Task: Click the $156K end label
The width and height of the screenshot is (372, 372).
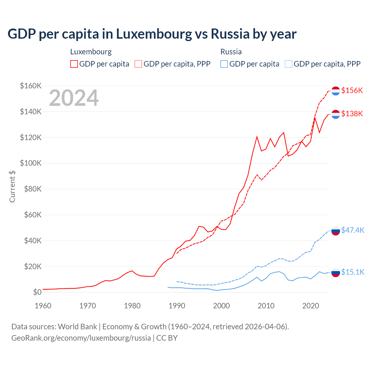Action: click(352, 90)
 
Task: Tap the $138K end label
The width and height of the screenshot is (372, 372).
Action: click(352, 114)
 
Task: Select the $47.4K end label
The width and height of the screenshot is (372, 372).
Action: click(353, 230)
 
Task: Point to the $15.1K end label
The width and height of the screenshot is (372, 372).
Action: click(353, 272)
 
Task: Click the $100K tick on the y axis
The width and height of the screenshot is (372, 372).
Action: click(31, 163)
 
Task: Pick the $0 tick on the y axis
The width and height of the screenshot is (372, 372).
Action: click(37, 292)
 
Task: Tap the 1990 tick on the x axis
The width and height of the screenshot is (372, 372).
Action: click(177, 306)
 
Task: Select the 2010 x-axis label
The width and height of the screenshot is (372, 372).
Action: click(266, 306)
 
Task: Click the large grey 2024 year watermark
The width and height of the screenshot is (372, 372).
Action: click(74, 98)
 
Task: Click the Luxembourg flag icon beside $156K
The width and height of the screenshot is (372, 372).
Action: click(336, 91)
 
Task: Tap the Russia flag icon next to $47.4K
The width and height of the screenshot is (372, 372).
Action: click(336, 231)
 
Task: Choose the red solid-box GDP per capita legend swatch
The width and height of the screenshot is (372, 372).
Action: click(74, 64)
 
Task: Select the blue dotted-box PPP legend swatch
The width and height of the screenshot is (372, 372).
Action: click(289, 64)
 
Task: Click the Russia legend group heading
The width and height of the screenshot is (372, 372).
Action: click(231, 52)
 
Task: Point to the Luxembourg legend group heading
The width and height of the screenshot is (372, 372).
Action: click(91, 52)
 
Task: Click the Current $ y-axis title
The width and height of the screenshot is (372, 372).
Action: click(12, 186)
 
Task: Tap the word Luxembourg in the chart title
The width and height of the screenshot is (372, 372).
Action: click(154, 34)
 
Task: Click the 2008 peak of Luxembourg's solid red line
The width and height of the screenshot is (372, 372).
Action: click(257, 137)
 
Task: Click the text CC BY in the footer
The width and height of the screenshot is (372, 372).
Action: click(167, 338)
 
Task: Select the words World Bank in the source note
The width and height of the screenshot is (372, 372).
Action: click(77, 327)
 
